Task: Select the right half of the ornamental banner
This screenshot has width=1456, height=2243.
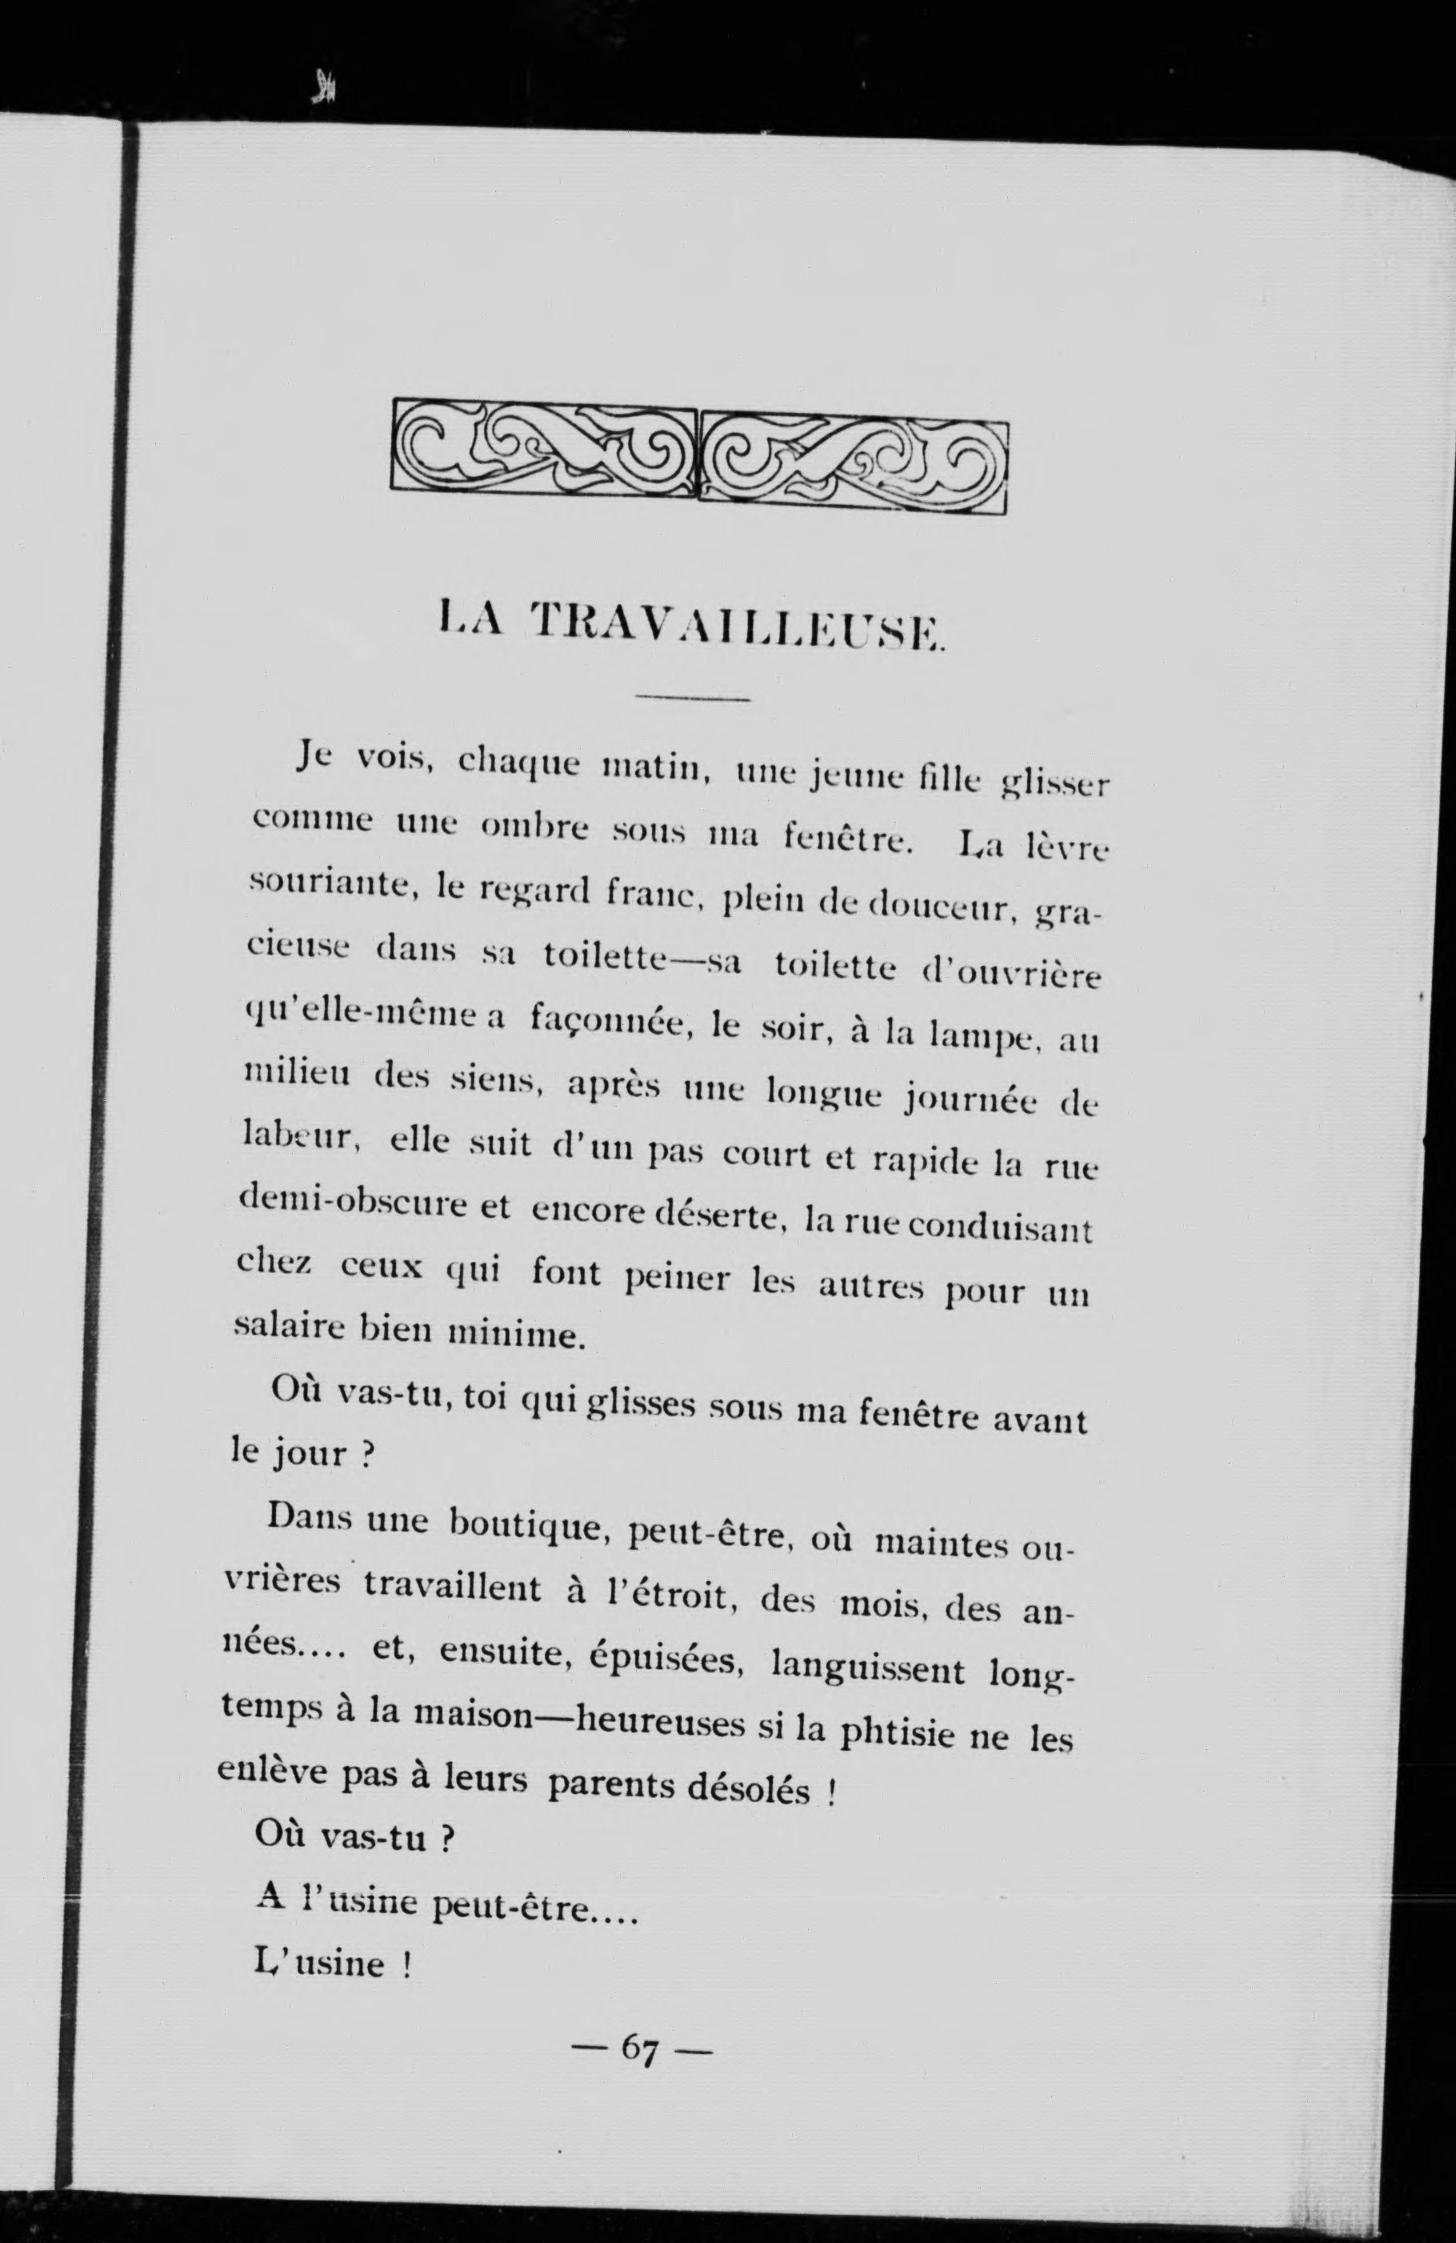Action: (x=854, y=463)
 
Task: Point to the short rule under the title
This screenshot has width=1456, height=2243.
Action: (x=693, y=699)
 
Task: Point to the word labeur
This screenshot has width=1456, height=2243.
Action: (x=297, y=1139)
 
